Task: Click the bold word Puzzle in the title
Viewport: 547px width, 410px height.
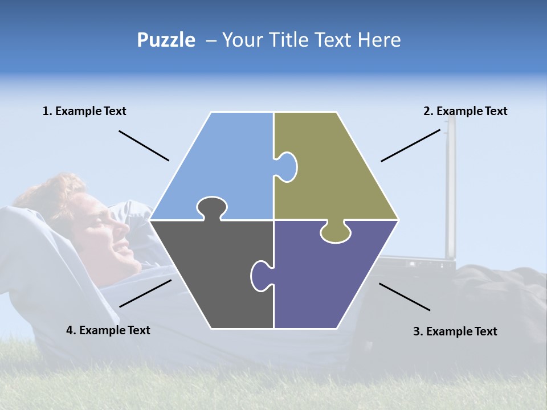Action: pyautogui.click(x=166, y=40)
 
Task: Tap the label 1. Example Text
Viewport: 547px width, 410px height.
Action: pyautogui.click(x=84, y=111)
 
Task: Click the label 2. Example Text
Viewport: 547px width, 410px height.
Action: pyautogui.click(x=465, y=111)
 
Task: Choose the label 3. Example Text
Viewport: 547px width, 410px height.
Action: pyautogui.click(x=455, y=331)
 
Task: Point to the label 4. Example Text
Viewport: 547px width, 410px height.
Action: pyautogui.click(x=108, y=330)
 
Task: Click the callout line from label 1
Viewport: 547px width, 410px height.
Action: pyautogui.click(x=144, y=146)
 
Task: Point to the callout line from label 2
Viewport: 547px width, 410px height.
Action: pyautogui.click(x=410, y=145)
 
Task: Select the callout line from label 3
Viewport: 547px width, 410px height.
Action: pyautogui.click(x=405, y=297)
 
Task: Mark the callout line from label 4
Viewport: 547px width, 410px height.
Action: pyautogui.click(x=145, y=293)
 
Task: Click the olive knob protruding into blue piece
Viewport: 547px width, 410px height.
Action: pyautogui.click(x=287, y=167)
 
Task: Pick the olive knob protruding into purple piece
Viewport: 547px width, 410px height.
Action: pyautogui.click(x=335, y=233)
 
